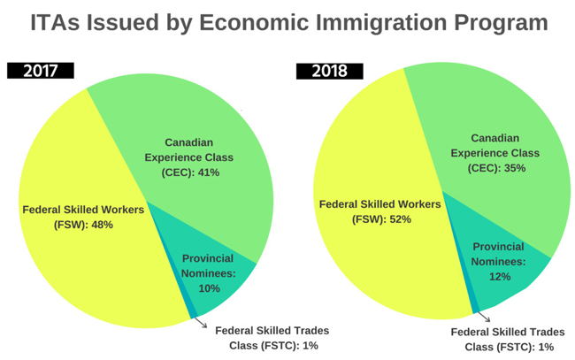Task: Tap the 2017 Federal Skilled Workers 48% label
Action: [x=80, y=217]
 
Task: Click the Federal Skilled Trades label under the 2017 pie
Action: [x=272, y=336]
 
